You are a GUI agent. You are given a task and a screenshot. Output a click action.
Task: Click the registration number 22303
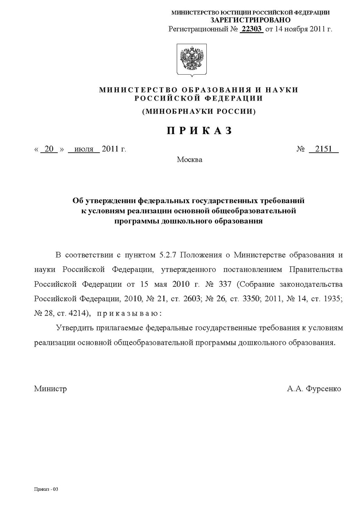coord(252,29)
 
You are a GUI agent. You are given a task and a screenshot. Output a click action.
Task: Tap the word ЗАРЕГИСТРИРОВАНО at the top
coord(250,20)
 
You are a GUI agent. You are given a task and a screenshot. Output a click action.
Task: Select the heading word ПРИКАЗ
coord(199,131)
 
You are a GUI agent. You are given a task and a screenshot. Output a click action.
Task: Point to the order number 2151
coord(323,149)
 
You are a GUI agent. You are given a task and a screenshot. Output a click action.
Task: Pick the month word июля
coord(84,149)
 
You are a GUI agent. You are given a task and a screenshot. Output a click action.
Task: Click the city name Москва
coord(189,160)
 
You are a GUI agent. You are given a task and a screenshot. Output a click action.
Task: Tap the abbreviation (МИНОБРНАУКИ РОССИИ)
coord(199,112)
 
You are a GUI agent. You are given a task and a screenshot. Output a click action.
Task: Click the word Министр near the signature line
coord(50,389)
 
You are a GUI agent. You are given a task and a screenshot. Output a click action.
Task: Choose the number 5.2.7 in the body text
coord(169,255)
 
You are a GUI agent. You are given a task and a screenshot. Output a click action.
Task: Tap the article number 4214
coord(78,313)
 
